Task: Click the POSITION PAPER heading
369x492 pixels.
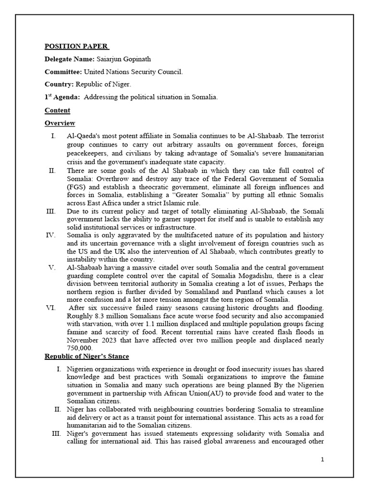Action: tap(76, 47)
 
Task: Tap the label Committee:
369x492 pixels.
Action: tap(63, 72)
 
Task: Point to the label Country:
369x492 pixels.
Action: tap(59, 85)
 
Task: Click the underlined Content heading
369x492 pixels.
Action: tap(57, 110)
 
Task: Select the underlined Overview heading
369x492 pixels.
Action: tap(60, 123)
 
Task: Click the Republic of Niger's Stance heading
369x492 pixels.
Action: tap(86, 356)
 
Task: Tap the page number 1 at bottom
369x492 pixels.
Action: tap(322, 459)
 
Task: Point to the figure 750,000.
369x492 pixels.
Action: tap(80, 348)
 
